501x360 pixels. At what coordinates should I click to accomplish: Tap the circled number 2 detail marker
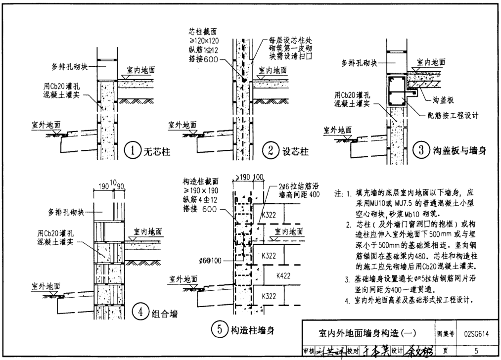tap(271, 150)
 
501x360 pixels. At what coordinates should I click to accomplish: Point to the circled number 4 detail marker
tap(140, 312)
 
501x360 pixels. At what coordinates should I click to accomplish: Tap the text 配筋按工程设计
tap(453, 115)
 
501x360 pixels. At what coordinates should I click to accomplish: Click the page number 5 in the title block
tap(476, 351)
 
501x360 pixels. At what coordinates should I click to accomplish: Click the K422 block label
tap(283, 275)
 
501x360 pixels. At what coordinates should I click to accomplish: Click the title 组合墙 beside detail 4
tap(166, 312)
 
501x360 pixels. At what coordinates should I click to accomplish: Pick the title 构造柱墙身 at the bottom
tap(252, 330)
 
